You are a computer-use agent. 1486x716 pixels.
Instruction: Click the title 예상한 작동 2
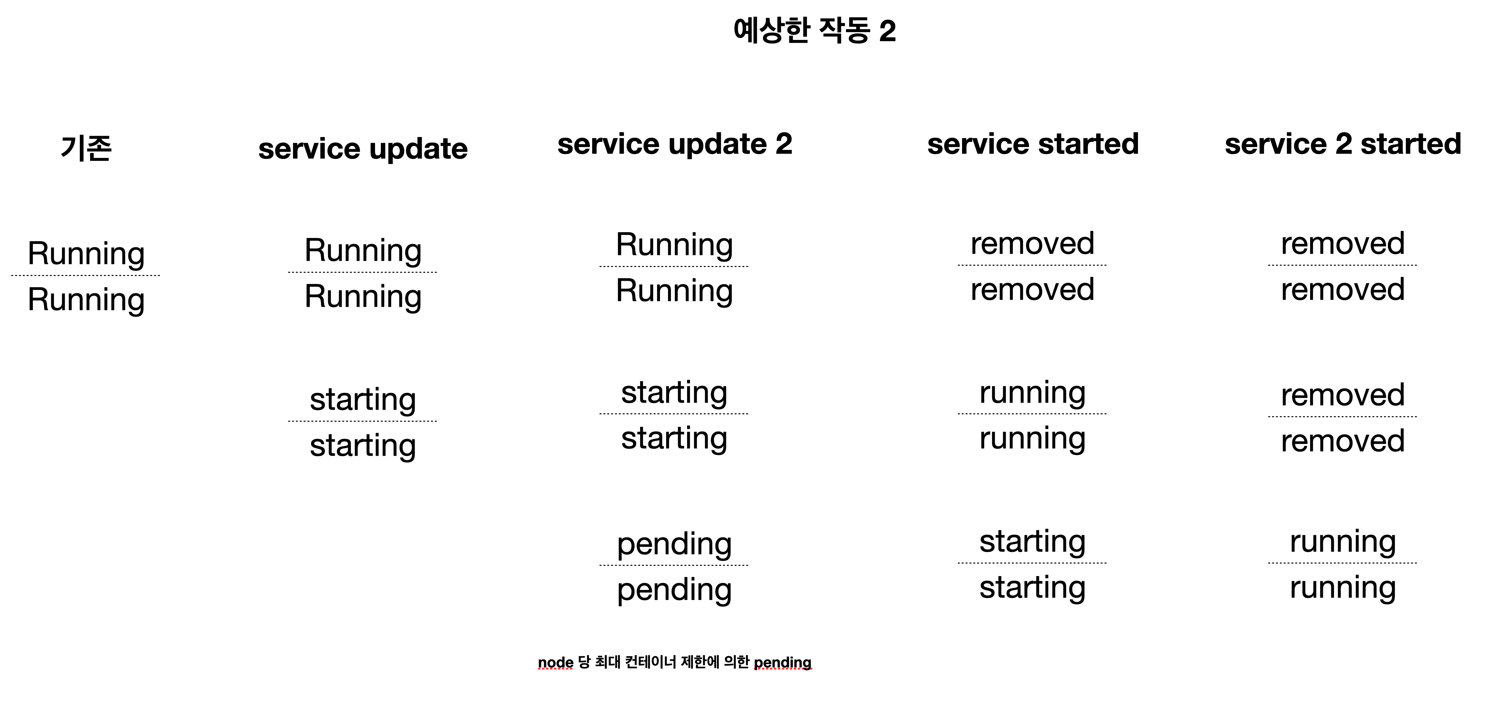(x=814, y=30)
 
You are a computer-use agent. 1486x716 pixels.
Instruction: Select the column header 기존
(x=86, y=148)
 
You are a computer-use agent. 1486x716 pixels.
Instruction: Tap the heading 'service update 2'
(x=675, y=144)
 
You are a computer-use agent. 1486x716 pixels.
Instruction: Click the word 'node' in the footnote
(x=555, y=662)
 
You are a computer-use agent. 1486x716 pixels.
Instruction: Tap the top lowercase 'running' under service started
(x=1032, y=393)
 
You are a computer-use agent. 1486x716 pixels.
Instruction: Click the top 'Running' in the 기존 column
(x=86, y=253)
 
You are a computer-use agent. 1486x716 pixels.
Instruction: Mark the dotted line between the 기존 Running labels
(x=85, y=276)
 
